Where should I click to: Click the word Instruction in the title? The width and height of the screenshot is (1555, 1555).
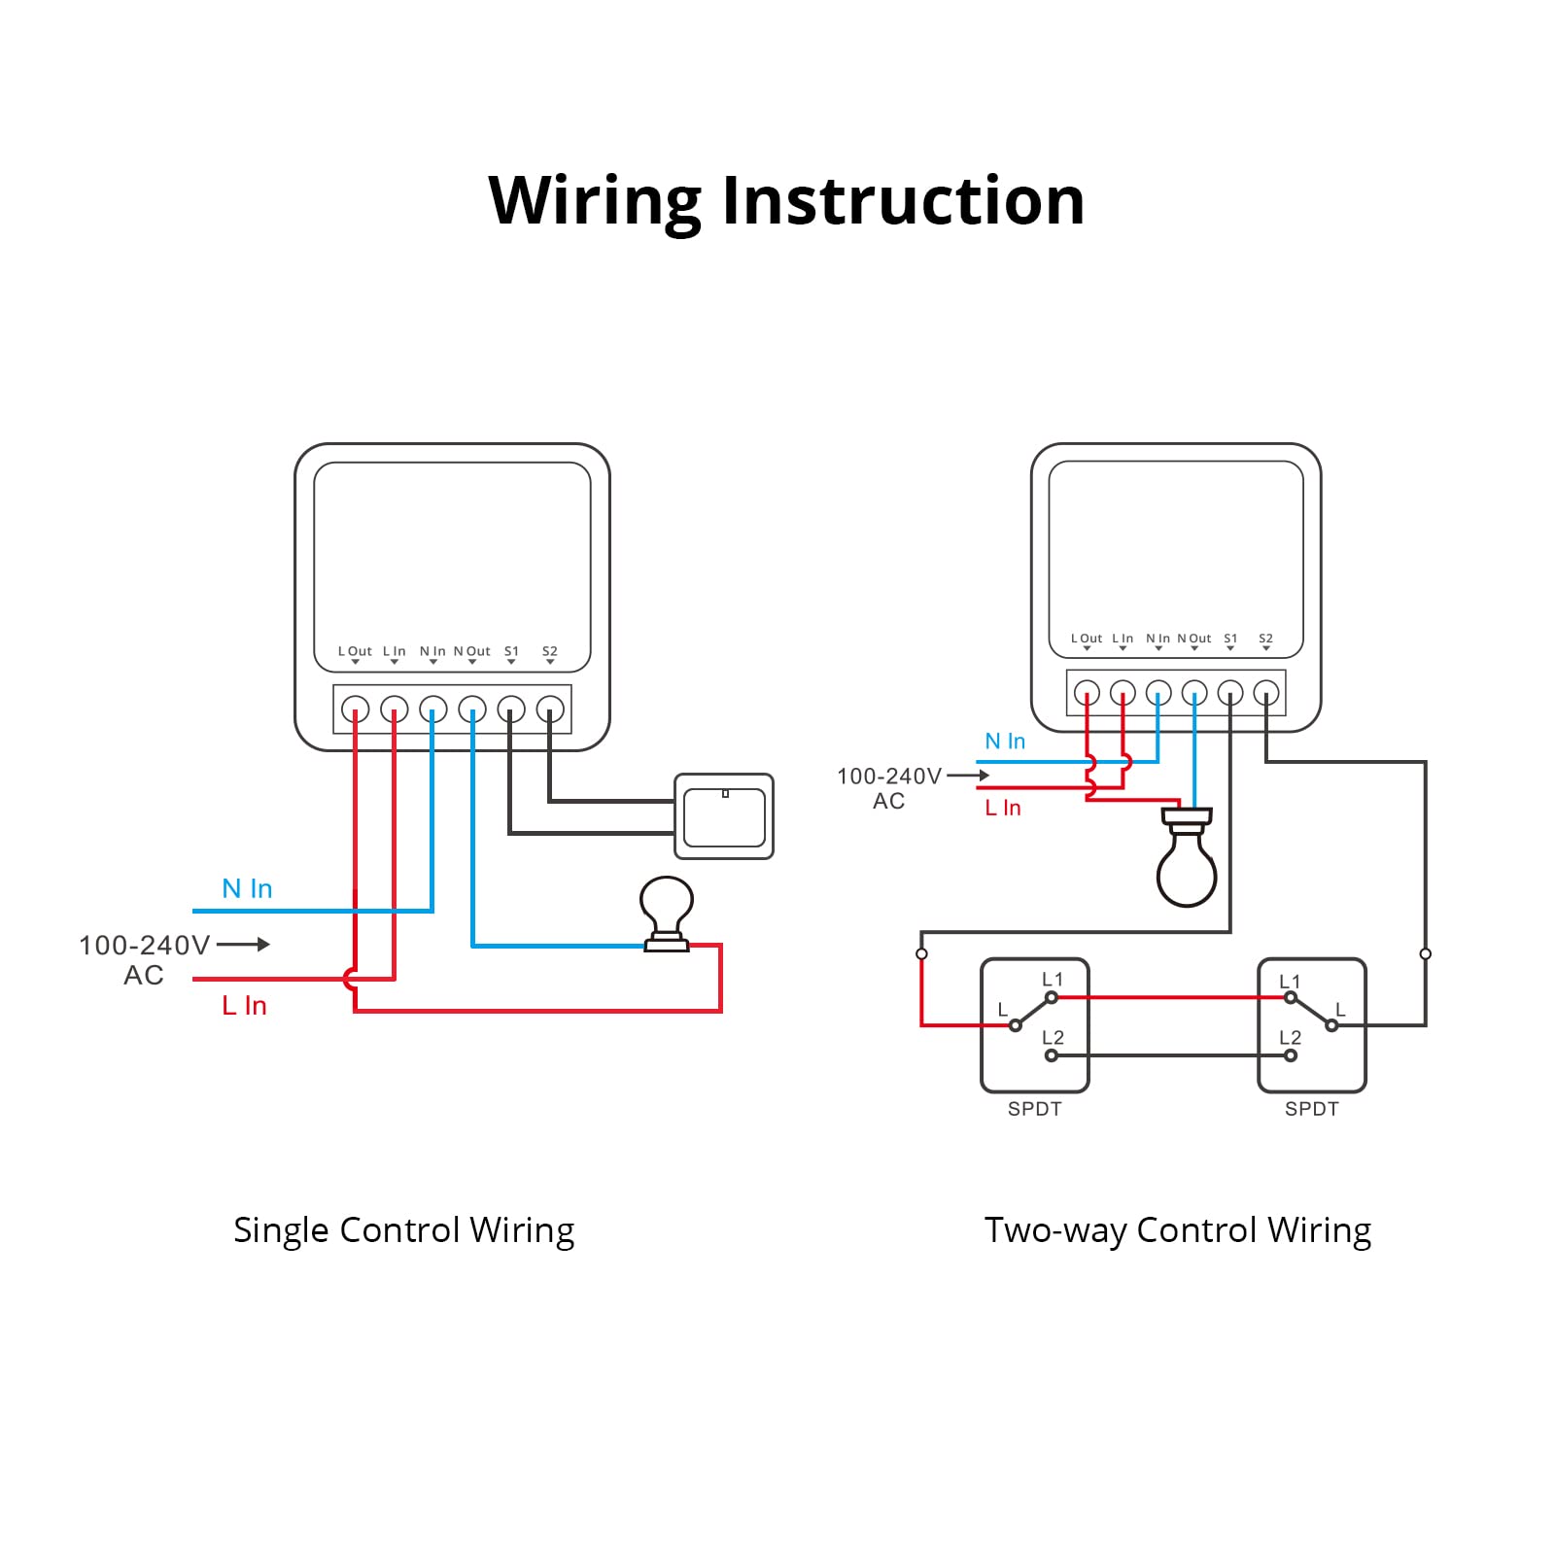[x=903, y=201]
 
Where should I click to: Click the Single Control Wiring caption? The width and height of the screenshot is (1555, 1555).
[x=403, y=1230]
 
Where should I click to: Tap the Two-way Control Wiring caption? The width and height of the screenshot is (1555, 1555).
[x=1177, y=1230]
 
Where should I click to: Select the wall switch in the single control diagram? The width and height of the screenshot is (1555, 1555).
[x=724, y=816]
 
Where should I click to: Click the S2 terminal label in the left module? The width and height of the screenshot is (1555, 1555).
[x=550, y=651]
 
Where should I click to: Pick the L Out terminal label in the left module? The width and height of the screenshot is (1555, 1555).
[x=355, y=651]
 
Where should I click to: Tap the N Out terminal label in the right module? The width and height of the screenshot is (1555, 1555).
[x=1194, y=639]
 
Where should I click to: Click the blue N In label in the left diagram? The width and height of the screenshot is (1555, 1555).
[x=247, y=888]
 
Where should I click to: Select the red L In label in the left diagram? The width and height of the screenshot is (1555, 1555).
[x=244, y=1006]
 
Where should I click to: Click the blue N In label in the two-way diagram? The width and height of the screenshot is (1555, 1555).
[x=1005, y=742]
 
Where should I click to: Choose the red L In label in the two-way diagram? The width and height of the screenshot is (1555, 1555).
[x=1003, y=808]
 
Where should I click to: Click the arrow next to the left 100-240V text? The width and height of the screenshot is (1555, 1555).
[x=244, y=944]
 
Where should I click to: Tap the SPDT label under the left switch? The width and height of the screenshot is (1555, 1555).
[x=1034, y=1109]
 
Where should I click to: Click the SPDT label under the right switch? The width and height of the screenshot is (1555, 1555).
[x=1311, y=1109]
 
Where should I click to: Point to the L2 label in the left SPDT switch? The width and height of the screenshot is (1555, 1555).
[x=1053, y=1038]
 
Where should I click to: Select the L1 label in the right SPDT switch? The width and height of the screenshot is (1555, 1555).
[x=1290, y=982]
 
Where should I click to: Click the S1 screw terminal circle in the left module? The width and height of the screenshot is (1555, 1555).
[x=511, y=709]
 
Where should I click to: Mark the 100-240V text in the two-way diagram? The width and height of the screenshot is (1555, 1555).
[x=888, y=777]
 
